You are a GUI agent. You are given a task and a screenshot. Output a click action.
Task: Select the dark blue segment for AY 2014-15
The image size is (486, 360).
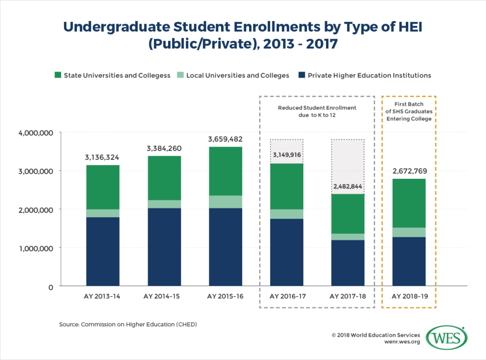point(161,247)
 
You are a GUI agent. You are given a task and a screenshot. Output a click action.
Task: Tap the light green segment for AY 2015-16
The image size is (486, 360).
point(225,202)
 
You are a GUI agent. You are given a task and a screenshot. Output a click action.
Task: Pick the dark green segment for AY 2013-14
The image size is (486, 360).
point(103,187)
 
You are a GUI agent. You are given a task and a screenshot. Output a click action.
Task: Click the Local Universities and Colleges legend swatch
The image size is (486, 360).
point(181,75)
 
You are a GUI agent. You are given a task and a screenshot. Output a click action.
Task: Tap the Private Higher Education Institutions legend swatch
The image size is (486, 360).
point(302,75)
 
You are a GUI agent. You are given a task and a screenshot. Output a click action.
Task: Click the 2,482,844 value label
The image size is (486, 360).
point(347,186)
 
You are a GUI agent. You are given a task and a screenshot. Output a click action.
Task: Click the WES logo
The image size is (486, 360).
point(447,337)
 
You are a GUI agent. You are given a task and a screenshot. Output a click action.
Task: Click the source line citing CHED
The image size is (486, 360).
point(128,324)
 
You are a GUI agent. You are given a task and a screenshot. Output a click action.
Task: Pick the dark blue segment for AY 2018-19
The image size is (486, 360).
point(409,261)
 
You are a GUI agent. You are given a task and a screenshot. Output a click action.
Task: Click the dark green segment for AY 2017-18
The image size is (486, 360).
point(347,214)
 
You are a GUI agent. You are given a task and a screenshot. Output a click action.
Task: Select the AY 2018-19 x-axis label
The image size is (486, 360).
point(409,297)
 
